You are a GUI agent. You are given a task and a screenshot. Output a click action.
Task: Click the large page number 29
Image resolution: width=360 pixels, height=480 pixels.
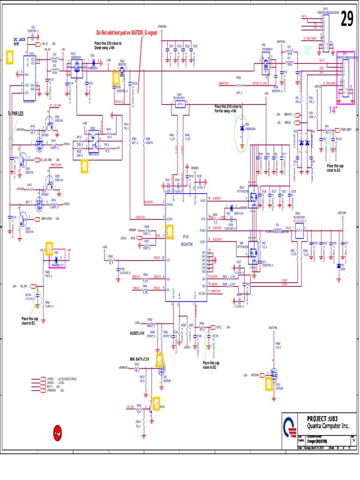(346, 20)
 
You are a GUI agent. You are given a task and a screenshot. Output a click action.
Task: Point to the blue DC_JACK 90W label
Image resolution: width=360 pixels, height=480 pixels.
(19, 41)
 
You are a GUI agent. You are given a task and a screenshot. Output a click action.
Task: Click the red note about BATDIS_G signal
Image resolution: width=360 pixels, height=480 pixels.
(127, 33)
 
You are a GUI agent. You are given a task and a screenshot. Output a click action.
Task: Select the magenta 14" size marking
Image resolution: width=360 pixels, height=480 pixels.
(333, 110)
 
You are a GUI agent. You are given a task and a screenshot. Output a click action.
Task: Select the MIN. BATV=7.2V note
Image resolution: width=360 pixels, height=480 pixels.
(139, 359)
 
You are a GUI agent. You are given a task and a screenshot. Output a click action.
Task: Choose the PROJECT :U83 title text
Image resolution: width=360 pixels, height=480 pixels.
(322, 418)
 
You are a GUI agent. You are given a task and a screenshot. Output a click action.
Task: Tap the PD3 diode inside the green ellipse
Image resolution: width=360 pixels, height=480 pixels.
(242, 128)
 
